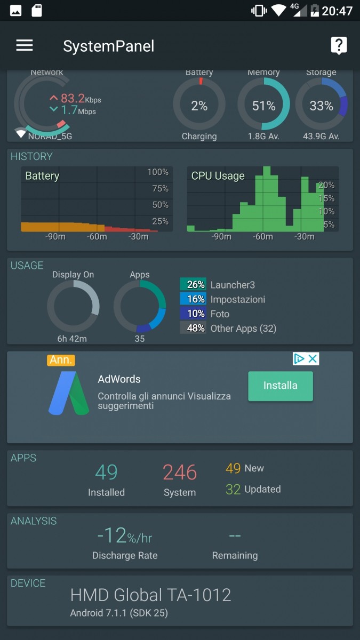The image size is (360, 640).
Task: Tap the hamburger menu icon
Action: click(25, 45)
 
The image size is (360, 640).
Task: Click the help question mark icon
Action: click(339, 45)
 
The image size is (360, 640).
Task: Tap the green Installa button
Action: click(280, 386)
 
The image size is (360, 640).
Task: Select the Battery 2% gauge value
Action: click(199, 106)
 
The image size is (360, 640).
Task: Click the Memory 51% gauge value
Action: click(263, 106)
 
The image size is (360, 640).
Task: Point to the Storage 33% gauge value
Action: click(321, 106)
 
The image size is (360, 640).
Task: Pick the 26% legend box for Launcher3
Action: click(193, 285)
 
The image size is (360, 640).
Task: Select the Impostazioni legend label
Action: click(237, 300)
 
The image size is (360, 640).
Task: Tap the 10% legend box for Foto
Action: click(193, 314)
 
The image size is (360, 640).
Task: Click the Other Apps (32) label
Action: click(243, 329)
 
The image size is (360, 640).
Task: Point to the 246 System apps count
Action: click(180, 473)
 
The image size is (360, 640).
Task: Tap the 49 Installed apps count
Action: click(106, 473)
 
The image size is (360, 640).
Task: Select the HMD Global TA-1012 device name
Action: click(151, 595)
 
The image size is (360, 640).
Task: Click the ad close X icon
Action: click(313, 359)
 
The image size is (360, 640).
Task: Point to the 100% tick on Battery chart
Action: click(158, 172)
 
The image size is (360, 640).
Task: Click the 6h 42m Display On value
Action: click(72, 339)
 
